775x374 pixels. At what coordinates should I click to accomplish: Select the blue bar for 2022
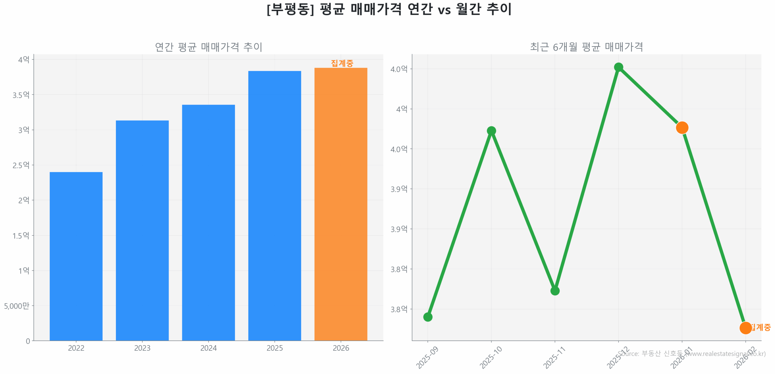coord(76,256)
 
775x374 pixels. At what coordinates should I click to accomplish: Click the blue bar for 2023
coord(142,230)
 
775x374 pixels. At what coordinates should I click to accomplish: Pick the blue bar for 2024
coord(208,222)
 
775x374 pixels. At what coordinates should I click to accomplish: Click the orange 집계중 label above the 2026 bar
coord(342,63)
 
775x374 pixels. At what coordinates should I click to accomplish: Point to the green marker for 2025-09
coord(427,317)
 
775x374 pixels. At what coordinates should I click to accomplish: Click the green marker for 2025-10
coord(491,131)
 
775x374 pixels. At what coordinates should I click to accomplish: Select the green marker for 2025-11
coord(555,291)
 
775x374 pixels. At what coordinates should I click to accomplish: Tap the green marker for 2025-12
coord(618,67)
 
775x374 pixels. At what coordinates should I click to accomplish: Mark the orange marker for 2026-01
coord(682,128)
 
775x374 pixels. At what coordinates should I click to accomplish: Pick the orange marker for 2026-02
coord(745,328)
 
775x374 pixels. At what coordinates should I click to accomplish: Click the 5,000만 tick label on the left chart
coord(17,306)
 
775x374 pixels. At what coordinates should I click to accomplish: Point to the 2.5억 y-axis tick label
coord(21,165)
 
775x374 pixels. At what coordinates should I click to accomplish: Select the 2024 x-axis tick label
coord(208,348)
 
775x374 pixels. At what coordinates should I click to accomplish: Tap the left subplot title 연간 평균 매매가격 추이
coord(208,47)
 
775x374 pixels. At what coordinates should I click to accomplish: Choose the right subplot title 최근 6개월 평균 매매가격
coord(586,47)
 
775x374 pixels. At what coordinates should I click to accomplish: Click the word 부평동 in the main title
coord(290,9)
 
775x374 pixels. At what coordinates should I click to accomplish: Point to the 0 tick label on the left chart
coord(28,341)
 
